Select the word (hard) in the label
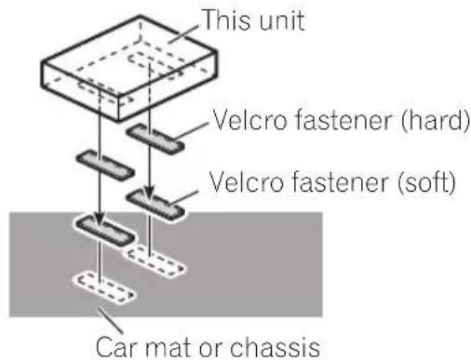click(x=436, y=120)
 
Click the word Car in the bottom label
click(x=116, y=347)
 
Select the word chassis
click(x=275, y=347)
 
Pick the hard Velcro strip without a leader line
click(x=105, y=166)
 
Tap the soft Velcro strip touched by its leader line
click(x=155, y=206)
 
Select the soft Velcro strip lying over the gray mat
click(x=105, y=232)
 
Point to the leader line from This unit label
click(x=183, y=33)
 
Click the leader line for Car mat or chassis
click(x=110, y=320)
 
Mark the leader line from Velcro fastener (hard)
click(x=190, y=130)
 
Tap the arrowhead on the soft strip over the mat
click(x=100, y=219)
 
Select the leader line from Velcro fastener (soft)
click(x=183, y=197)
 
